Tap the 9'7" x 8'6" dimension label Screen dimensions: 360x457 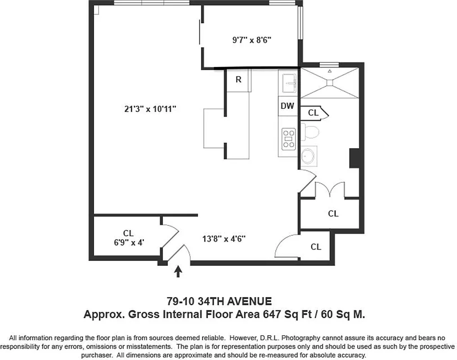coord(251,40)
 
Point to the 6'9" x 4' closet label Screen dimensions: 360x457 coord(128,238)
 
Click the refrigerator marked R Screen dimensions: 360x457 coord(238,80)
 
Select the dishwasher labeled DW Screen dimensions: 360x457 coord(287,106)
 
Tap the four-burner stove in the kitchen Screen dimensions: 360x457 coord(288,139)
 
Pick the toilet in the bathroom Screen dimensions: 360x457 coord(311,132)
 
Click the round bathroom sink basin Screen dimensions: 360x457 coord(309,156)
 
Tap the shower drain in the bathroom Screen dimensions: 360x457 coord(330,82)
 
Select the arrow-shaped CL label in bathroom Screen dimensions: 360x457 coord(315,113)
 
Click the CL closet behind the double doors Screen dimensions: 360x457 coord(333,214)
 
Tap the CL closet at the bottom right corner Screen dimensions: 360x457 coord(316,247)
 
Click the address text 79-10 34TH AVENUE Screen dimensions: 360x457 coord(219,301)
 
